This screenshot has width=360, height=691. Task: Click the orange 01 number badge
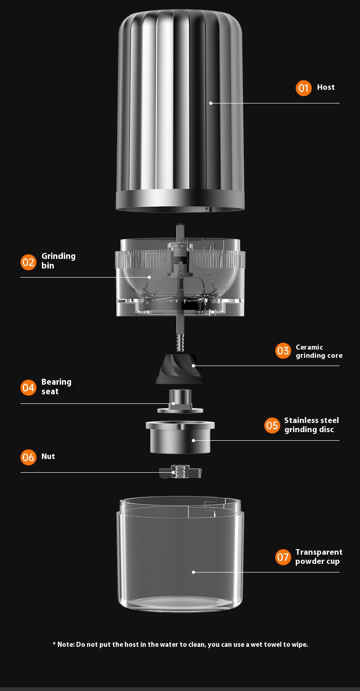[x=303, y=88]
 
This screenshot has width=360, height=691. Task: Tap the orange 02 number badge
[x=28, y=262]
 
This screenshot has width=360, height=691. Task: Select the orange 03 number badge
[x=283, y=351]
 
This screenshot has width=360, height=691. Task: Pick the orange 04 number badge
[x=28, y=387]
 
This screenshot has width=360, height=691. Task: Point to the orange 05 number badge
[x=272, y=425]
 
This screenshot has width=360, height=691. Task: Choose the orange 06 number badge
[x=28, y=457]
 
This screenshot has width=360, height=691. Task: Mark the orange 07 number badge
[x=283, y=557]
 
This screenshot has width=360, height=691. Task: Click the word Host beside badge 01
[x=326, y=88]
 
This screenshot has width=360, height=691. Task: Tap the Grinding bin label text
[x=58, y=261]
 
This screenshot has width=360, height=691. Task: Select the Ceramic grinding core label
[x=319, y=351]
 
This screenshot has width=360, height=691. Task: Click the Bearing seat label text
[x=57, y=387]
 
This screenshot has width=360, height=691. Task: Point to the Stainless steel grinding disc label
[x=312, y=425]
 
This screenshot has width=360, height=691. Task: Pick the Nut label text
[x=48, y=456]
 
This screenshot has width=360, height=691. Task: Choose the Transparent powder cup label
[x=319, y=557]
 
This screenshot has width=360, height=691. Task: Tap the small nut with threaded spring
[x=180, y=472]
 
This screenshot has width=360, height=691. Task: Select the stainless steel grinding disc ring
[x=180, y=437]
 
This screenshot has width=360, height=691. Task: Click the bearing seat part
[x=180, y=401]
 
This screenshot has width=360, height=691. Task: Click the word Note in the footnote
[x=66, y=645]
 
